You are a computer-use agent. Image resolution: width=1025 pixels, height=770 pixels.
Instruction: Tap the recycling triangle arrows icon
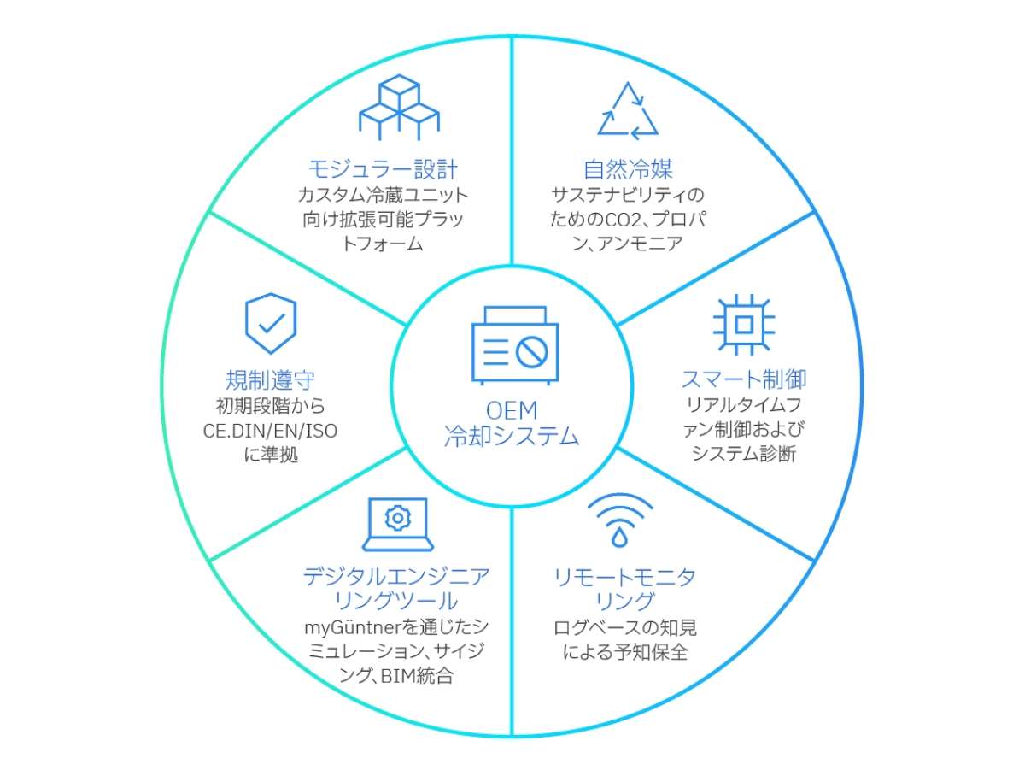pyautogui.click(x=628, y=111)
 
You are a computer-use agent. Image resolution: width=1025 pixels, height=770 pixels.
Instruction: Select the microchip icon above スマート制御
pyautogui.click(x=743, y=325)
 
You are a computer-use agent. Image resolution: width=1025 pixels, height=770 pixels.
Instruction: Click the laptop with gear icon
pyautogui.click(x=397, y=524)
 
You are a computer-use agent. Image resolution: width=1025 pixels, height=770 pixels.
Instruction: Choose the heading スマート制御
pyautogui.click(x=743, y=379)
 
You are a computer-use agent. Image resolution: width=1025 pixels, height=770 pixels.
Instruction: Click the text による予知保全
pyautogui.click(x=625, y=653)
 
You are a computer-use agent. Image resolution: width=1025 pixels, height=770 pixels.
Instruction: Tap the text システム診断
pyautogui.click(x=743, y=454)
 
